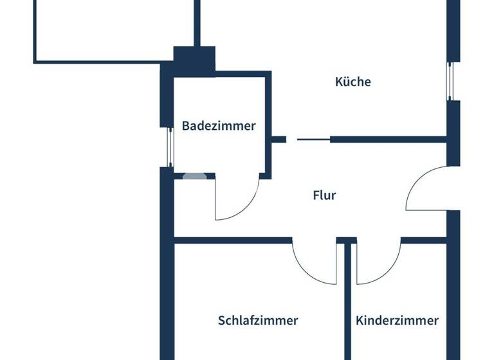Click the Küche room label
[x=353, y=82]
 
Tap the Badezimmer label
[x=218, y=126]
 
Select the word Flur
[x=325, y=195]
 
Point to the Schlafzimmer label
[x=258, y=320]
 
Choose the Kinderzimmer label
[x=397, y=320]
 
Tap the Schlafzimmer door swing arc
[x=309, y=269]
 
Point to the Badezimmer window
[x=170, y=147]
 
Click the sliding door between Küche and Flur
[x=313, y=139]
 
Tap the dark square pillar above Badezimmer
[x=194, y=62]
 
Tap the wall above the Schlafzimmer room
[x=232, y=241]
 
